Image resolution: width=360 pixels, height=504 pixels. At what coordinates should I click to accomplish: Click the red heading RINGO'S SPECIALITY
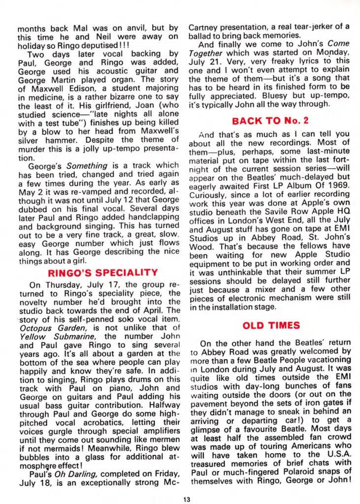102,272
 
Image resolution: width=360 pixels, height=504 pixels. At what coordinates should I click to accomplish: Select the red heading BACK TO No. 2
270,121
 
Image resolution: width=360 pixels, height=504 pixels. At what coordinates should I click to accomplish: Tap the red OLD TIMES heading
271,325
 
